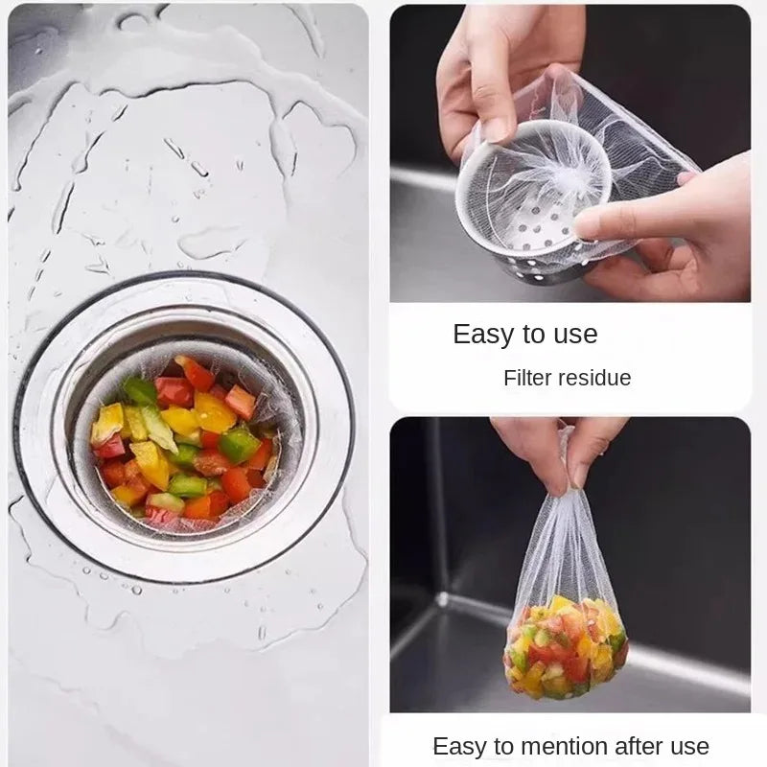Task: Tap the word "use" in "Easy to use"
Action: [573, 335]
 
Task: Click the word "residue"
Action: [599, 378]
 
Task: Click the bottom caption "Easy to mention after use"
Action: [570, 746]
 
